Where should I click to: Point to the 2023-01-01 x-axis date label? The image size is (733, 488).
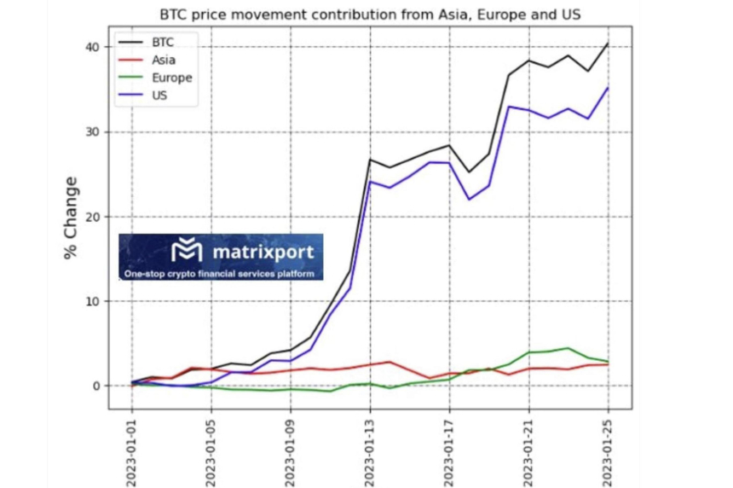pyautogui.click(x=132, y=452)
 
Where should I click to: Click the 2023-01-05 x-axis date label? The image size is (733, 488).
pyautogui.click(x=211, y=452)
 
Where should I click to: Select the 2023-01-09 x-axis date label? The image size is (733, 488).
pyautogui.click(x=291, y=452)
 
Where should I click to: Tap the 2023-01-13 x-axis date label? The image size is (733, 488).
pyautogui.click(x=370, y=452)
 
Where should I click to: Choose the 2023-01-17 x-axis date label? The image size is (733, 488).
pyautogui.click(x=449, y=452)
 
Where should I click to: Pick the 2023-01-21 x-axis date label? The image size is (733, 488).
pyautogui.click(x=528, y=452)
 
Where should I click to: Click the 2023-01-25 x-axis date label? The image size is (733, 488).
pyautogui.click(x=608, y=452)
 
